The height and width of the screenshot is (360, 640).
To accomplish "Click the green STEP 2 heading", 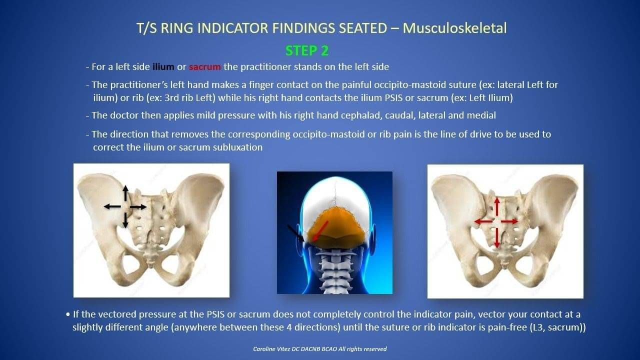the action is pos(307,51).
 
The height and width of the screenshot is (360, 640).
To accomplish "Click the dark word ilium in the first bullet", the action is pos(163,67).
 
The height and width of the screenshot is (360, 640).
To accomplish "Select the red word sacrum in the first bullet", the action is pos(204,67).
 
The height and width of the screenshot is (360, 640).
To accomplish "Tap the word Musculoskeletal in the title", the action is pos(454,28).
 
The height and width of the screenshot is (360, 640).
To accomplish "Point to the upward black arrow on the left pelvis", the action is pos(125,193).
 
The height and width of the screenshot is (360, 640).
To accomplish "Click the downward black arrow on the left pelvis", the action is pos(125,220).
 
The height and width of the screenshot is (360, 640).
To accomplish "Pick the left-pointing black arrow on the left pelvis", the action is pos(112,206).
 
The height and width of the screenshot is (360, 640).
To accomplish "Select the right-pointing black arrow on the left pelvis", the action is pos(138,207).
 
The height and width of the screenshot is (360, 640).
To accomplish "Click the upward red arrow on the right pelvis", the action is pos(497,206).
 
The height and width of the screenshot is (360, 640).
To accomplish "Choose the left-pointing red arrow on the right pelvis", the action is pos(483,221).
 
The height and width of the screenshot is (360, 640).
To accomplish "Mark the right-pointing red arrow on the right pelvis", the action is pos(509,221).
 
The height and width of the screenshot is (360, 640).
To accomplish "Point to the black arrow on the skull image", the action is pos(296,233).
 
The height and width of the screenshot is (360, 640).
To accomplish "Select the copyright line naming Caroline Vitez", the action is pos(319,349).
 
